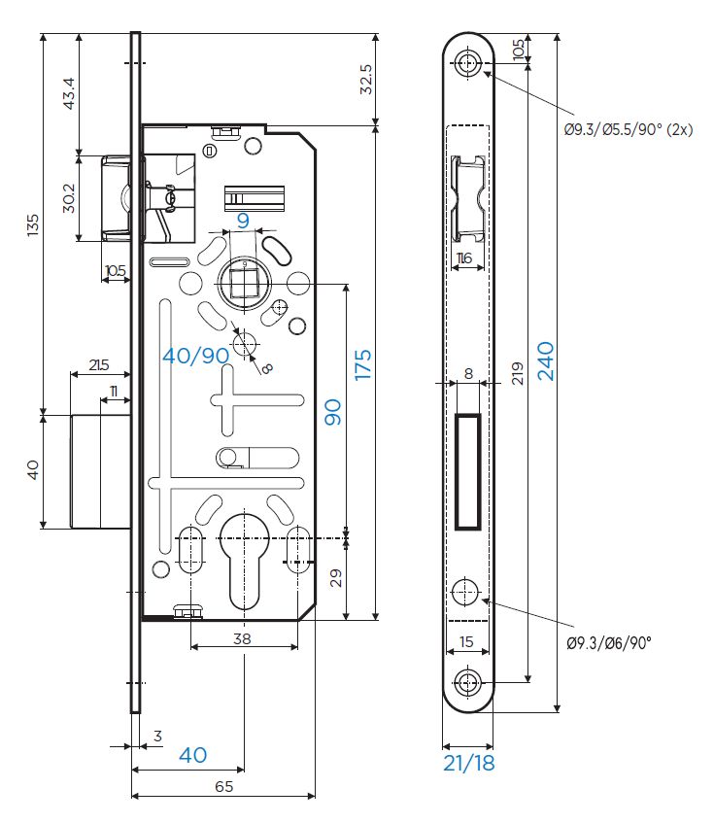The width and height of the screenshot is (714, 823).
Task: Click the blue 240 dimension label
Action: [545, 360]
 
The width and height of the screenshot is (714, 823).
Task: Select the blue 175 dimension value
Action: [362, 364]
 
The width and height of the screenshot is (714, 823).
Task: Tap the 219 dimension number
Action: [518, 373]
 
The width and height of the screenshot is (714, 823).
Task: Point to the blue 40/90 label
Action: [196, 356]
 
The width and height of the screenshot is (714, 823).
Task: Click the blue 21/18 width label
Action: [469, 763]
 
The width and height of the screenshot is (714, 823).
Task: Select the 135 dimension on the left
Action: [33, 225]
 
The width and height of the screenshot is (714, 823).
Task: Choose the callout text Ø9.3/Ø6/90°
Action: [609, 642]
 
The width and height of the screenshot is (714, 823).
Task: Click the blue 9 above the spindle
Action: [243, 221]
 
